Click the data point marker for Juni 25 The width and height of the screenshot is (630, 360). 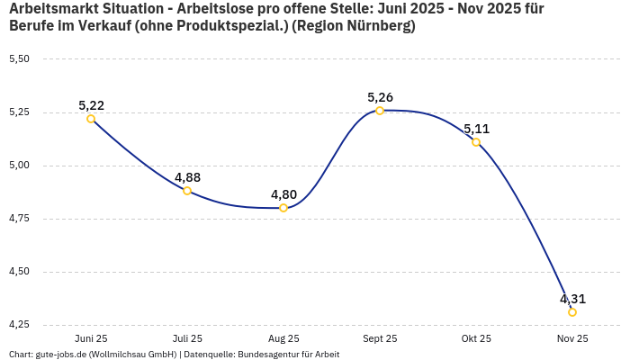[91, 119]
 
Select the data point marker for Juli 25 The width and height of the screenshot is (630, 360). [187, 191]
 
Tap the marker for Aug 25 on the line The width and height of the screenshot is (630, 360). [283, 208]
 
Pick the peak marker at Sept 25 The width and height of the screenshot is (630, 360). [380, 111]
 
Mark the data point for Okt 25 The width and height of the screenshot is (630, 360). [476, 142]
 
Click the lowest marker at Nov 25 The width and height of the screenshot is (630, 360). [572, 312]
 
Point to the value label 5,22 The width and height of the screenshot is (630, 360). [91, 105]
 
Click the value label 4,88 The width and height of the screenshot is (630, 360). [187, 177]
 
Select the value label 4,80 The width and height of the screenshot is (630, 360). [283, 194]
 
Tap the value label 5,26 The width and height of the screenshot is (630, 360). [380, 97]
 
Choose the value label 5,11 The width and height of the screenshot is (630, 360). [476, 129]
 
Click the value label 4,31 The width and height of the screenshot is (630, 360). [572, 299]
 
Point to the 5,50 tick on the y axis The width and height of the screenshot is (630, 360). [19, 59]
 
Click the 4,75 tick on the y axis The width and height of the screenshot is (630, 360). [19, 219]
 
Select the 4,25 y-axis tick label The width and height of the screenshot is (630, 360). [19, 325]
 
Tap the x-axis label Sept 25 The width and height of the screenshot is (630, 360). [380, 338]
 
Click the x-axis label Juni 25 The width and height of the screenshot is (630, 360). [91, 338]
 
